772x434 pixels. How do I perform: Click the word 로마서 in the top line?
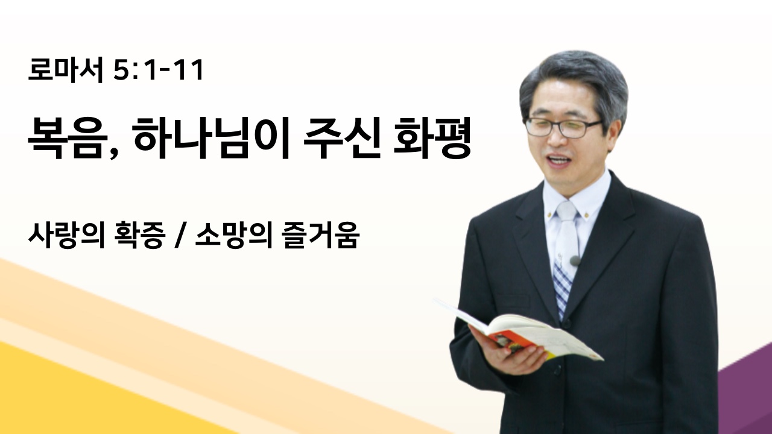click(66, 71)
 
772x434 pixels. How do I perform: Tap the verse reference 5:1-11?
click(158, 71)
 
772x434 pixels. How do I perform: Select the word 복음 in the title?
click(66, 138)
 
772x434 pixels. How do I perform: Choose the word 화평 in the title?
click(432, 138)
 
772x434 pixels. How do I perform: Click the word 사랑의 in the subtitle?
click(66, 235)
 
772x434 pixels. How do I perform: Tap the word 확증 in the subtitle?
click(139, 235)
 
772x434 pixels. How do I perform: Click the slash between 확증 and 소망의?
click(179, 236)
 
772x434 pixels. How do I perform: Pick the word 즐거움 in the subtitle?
click(320, 235)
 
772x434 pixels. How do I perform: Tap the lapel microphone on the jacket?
click(575, 261)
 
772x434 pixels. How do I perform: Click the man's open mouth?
click(558, 160)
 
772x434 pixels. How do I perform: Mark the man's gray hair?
click(573, 83)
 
